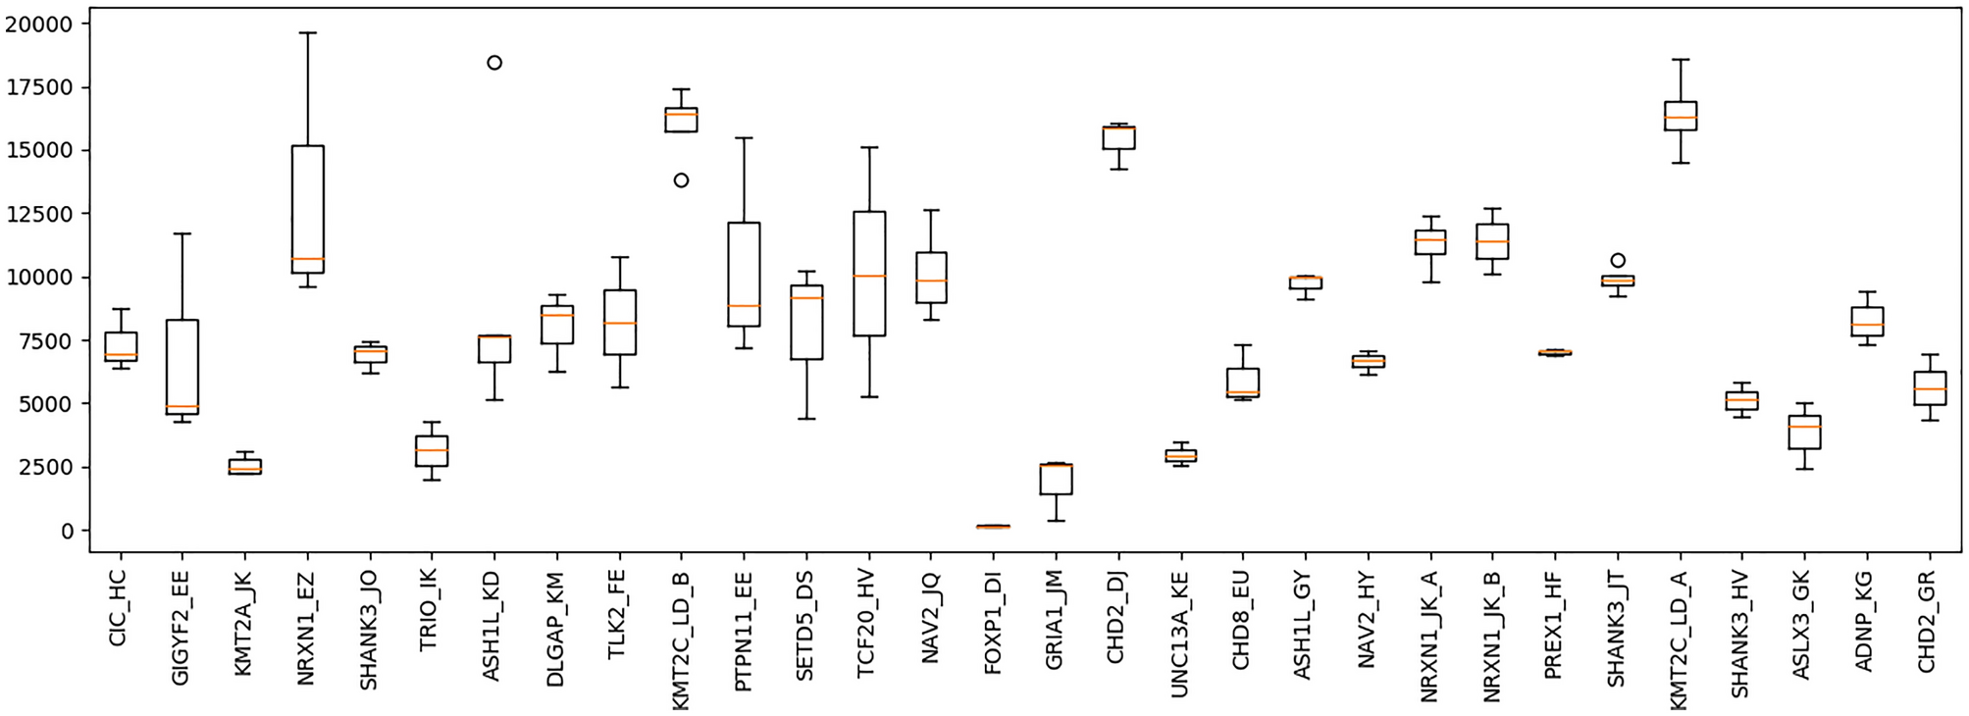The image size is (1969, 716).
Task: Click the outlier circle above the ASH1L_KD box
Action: point(494,63)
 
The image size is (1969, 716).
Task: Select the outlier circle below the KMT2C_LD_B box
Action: point(681,180)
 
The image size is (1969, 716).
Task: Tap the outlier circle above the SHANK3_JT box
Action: point(1618,261)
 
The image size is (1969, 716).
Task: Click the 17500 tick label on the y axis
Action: point(39,87)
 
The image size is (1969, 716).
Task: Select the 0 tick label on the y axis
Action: point(68,531)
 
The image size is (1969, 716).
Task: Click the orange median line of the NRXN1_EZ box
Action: point(307,259)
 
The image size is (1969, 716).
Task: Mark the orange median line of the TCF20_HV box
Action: point(869,276)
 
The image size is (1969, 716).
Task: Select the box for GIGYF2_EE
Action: point(182,367)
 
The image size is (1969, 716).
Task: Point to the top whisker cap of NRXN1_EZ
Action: point(307,33)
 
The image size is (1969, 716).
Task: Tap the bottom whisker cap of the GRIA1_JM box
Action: point(1056,521)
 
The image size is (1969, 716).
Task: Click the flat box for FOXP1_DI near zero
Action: point(993,527)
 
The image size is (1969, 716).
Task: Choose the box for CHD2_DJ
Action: point(1118,137)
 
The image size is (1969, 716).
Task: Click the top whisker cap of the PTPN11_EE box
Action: point(744,138)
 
